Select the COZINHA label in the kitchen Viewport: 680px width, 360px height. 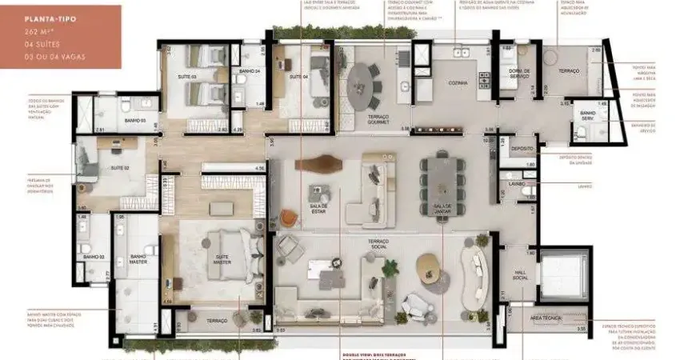coord(458,82)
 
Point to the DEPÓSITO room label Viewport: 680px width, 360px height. coord(522,148)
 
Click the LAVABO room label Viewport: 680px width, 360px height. coord(516,183)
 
